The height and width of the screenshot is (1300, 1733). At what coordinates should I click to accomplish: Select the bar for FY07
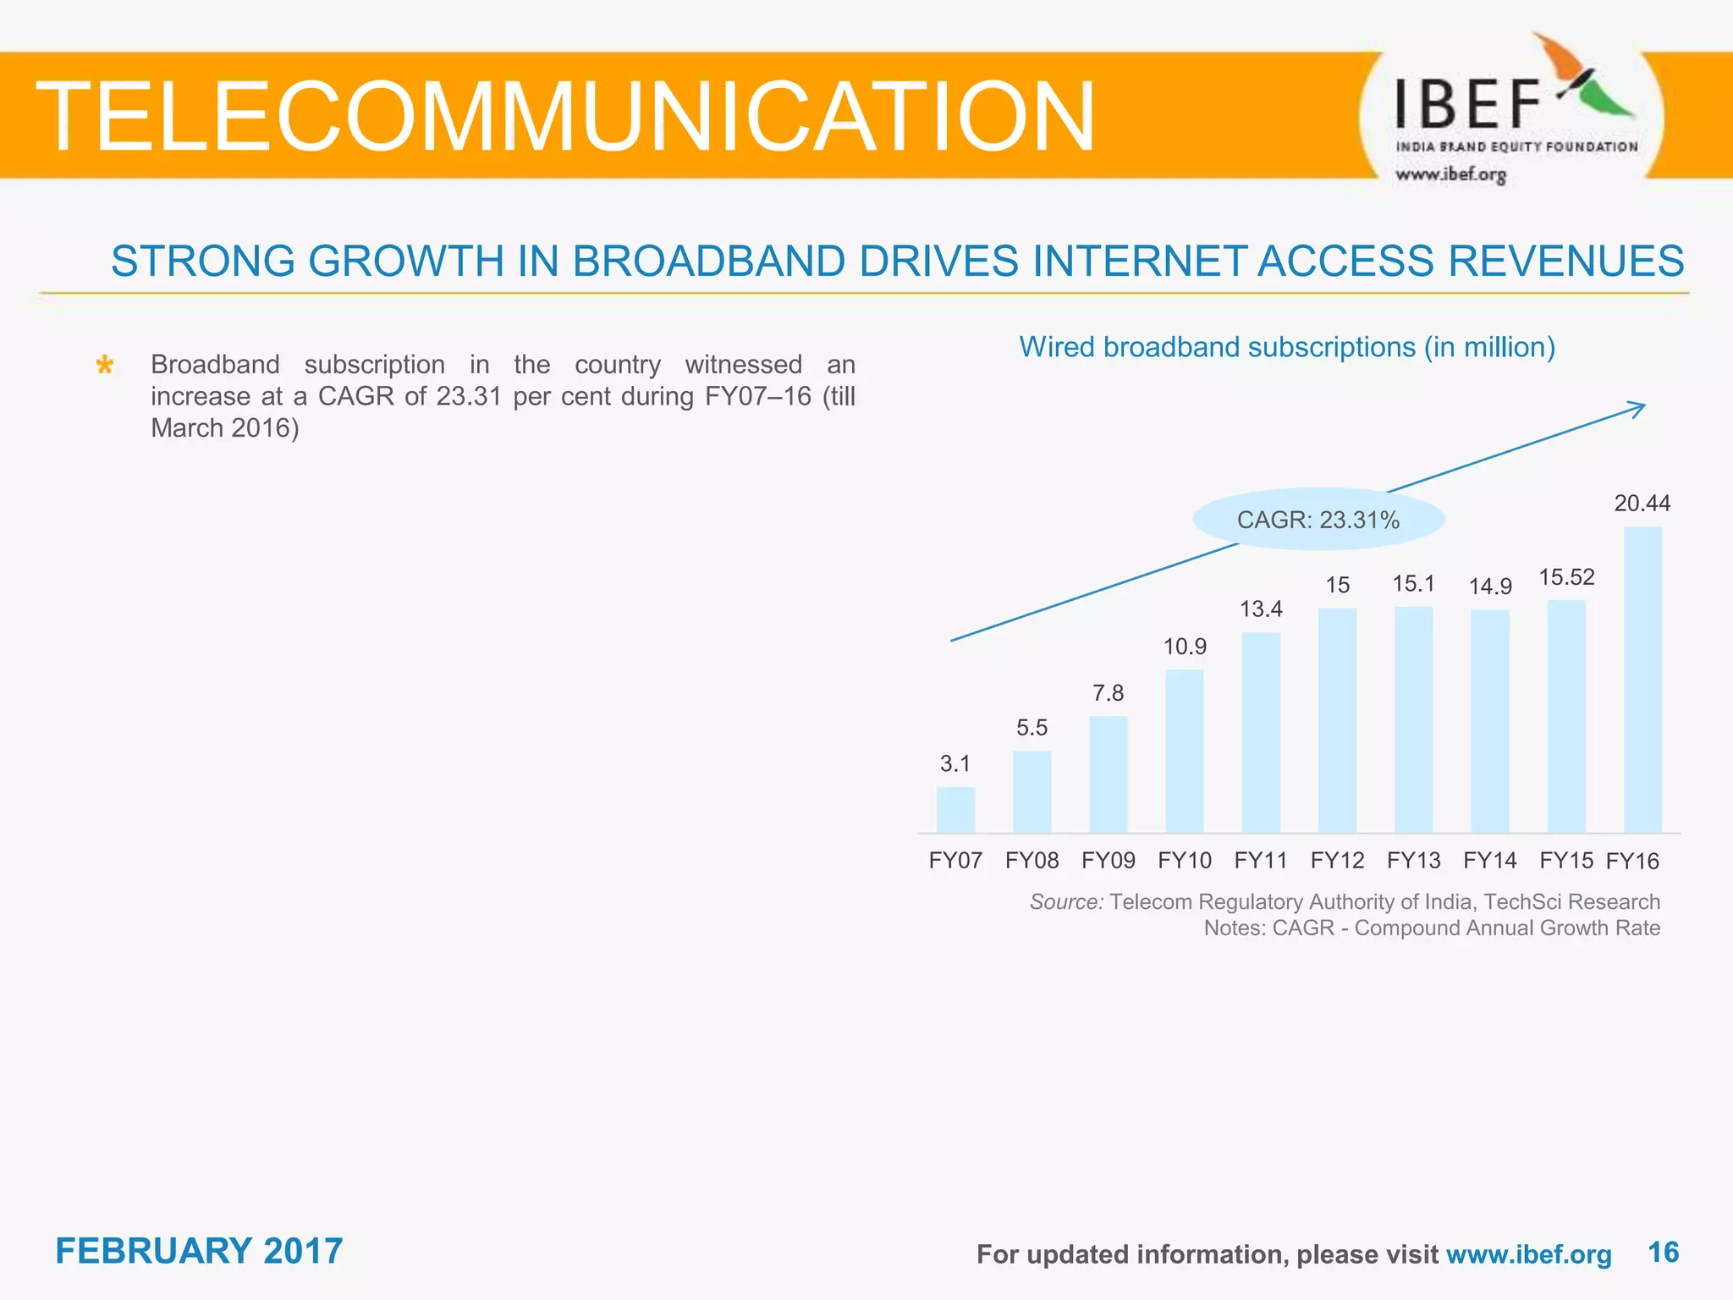955,810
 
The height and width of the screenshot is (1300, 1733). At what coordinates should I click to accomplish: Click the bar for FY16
1642,680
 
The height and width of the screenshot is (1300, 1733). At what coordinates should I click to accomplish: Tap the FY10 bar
1185,751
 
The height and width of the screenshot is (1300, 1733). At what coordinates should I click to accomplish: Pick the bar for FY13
1413,719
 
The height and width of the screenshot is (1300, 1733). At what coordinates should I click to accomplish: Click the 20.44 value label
1642,504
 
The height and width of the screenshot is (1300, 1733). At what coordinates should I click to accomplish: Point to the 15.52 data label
1566,577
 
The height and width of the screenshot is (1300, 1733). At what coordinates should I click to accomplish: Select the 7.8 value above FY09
1108,693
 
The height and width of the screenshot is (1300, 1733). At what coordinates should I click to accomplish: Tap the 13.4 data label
1261,609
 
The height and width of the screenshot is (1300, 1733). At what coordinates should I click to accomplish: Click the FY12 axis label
1337,861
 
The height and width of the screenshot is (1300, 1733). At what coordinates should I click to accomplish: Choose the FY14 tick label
1489,861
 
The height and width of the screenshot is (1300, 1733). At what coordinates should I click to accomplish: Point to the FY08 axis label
1032,861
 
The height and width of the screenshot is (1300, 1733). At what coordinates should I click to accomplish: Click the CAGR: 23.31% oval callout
1318,520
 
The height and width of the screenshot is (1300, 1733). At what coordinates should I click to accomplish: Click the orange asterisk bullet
105,366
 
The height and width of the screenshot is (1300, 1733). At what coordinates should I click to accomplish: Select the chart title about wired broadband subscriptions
1286,347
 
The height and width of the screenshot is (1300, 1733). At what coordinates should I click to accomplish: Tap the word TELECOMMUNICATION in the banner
565,117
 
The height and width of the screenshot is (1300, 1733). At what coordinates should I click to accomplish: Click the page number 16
1663,1252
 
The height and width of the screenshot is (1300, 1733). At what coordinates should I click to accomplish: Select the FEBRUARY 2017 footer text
199,1251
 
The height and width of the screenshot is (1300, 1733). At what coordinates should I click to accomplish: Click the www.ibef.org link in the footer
1528,1254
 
